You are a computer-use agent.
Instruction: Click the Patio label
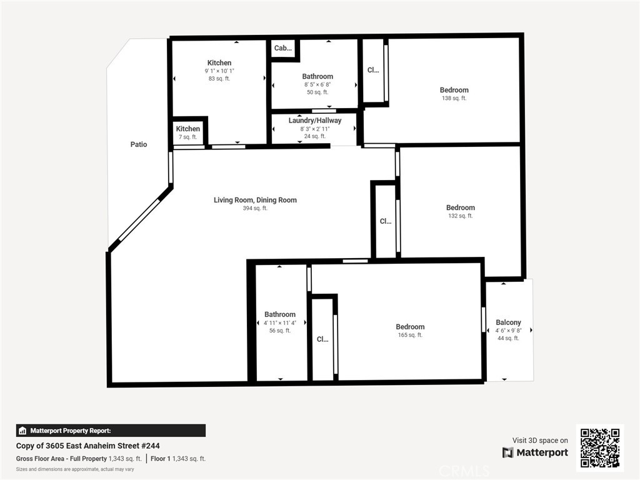pyautogui.click(x=138, y=144)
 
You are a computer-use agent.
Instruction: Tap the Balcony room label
pyautogui.click(x=508, y=322)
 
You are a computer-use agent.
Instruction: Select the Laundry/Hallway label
pyautogui.click(x=315, y=121)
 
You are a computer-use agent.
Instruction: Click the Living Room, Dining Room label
pyautogui.click(x=255, y=200)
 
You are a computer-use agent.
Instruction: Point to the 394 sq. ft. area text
pyautogui.click(x=255, y=208)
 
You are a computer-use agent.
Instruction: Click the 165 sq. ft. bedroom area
pyautogui.click(x=410, y=335)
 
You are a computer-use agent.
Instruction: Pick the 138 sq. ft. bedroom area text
pyautogui.click(x=454, y=98)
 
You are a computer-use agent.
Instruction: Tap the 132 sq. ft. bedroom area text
pyautogui.click(x=461, y=216)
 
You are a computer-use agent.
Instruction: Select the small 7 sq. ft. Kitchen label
pyautogui.click(x=187, y=129)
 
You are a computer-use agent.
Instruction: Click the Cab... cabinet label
pyautogui.click(x=283, y=48)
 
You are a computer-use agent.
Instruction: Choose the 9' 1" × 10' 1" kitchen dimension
pyautogui.click(x=219, y=71)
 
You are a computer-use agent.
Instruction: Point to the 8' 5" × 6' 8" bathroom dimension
pyautogui.click(x=317, y=84)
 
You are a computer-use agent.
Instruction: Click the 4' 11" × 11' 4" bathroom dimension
pyautogui.click(x=279, y=323)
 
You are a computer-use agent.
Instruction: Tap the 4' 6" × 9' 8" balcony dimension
pyautogui.click(x=508, y=331)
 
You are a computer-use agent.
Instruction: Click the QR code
pyautogui.click(x=600, y=447)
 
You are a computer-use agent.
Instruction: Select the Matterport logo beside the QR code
pyautogui.click(x=535, y=452)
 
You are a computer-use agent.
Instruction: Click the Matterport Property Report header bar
pyautogui.click(x=111, y=431)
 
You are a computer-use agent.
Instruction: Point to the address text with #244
pyautogui.click(x=87, y=446)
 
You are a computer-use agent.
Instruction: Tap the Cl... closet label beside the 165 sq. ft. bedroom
pyautogui.click(x=322, y=339)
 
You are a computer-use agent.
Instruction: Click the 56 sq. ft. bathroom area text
pyautogui.click(x=279, y=331)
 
